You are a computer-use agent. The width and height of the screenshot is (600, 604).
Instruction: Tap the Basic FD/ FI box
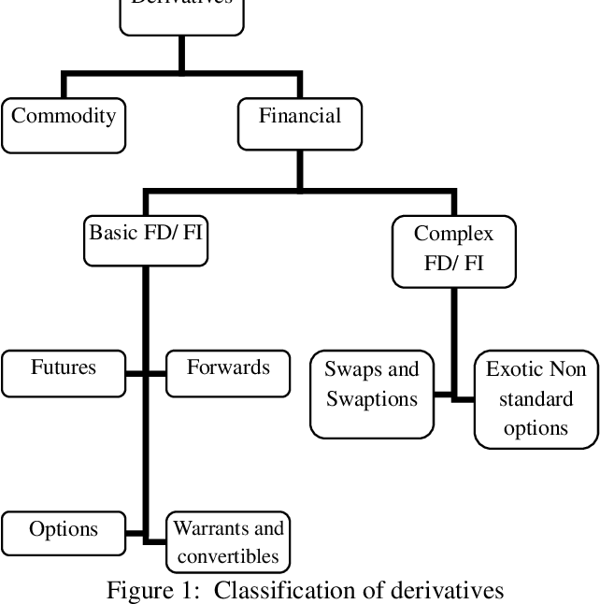[145, 238]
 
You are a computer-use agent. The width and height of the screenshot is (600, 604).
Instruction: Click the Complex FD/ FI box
[453, 249]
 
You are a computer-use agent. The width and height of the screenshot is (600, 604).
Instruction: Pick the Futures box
[64, 373]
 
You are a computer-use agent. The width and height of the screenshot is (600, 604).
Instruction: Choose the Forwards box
[228, 373]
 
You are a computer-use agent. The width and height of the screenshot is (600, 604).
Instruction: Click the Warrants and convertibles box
[228, 542]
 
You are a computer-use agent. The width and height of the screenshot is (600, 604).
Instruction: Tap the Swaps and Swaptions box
[371, 394]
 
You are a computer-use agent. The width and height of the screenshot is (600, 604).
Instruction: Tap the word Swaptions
[371, 399]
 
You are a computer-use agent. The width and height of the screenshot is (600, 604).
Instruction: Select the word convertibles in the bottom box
[228, 557]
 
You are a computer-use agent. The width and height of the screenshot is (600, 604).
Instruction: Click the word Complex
[453, 233]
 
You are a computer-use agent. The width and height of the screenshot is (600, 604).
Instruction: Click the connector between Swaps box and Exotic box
[454, 397]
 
